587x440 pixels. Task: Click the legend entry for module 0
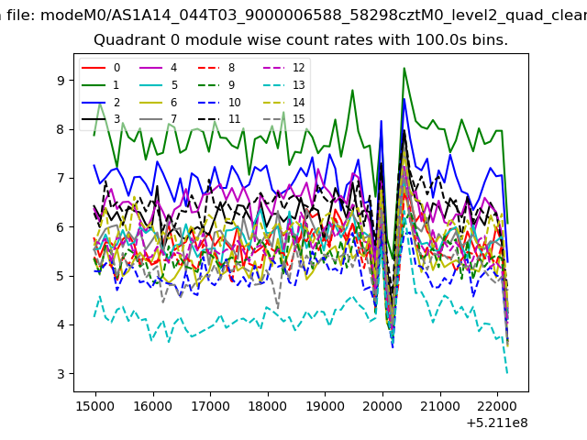tap(101, 68)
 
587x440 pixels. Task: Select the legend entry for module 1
tap(100, 85)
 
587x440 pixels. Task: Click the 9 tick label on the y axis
tap(61, 81)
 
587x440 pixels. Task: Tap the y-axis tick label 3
tap(61, 374)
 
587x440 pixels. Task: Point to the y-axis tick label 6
tap(61, 227)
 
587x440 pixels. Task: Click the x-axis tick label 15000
tap(95, 406)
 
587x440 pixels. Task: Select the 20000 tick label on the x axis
tap(382, 406)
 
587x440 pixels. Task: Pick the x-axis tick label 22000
tap(497, 406)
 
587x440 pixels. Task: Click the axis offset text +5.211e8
tap(497, 423)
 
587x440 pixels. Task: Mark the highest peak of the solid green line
tap(404, 68)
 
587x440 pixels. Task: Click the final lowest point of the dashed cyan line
tap(507, 373)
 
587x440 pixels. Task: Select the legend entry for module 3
tap(101, 119)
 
